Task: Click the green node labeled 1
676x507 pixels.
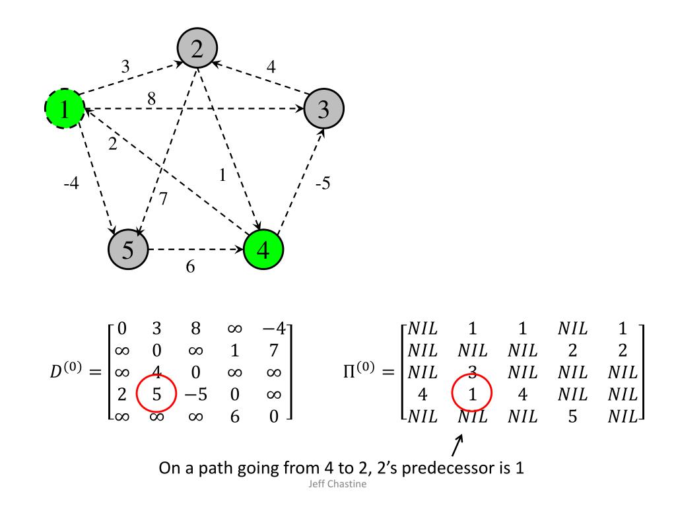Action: tap(63, 110)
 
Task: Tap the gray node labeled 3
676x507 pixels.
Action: tap(323, 110)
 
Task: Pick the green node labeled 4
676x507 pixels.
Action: tap(263, 251)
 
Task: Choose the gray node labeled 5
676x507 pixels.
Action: tap(129, 250)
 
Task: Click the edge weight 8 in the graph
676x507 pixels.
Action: tap(152, 100)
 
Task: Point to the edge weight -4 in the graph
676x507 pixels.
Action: tap(71, 184)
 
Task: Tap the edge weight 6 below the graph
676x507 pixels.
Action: tap(190, 269)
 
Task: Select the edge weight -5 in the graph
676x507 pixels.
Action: tap(323, 184)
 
